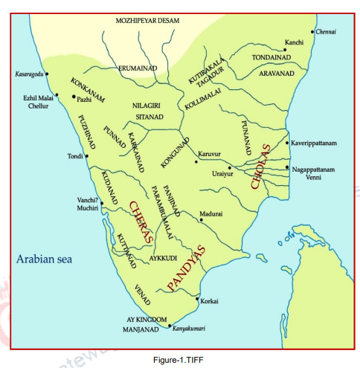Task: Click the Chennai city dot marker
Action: [x=313, y=33]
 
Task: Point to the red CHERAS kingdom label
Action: [x=141, y=222]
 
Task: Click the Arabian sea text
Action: [x=47, y=259]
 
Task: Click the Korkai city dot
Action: [x=195, y=300]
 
